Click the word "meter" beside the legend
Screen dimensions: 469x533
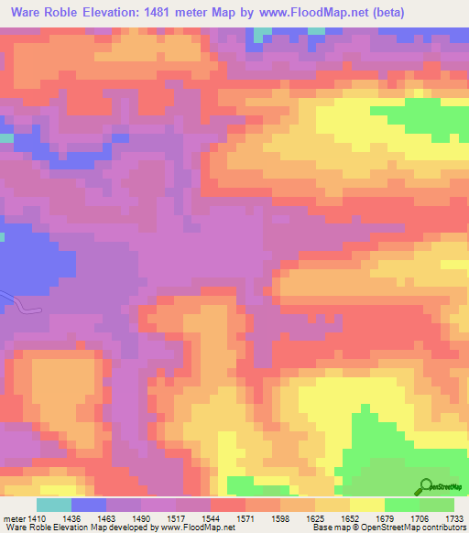click(x=15, y=517)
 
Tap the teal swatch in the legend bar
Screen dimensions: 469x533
click(x=54, y=505)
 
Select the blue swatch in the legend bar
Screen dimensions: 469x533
click(x=89, y=505)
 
